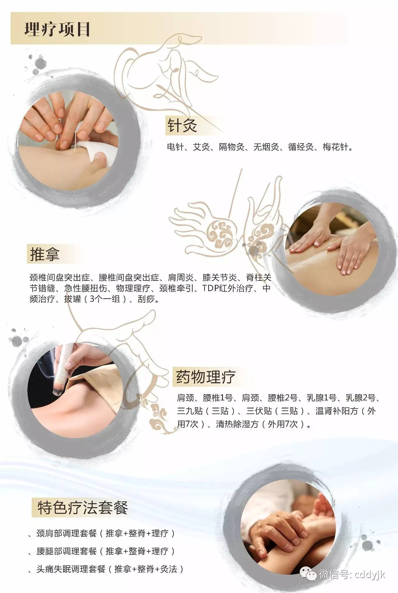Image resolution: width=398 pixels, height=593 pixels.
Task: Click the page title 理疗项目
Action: (x=57, y=30)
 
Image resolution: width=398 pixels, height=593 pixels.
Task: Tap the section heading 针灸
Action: (x=182, y=125)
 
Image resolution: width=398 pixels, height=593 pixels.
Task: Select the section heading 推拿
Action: (x=44, y=254)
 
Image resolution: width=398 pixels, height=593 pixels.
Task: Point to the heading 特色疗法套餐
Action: (x=82, y=508)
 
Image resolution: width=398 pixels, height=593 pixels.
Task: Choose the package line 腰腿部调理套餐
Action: (x=67, y=551)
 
